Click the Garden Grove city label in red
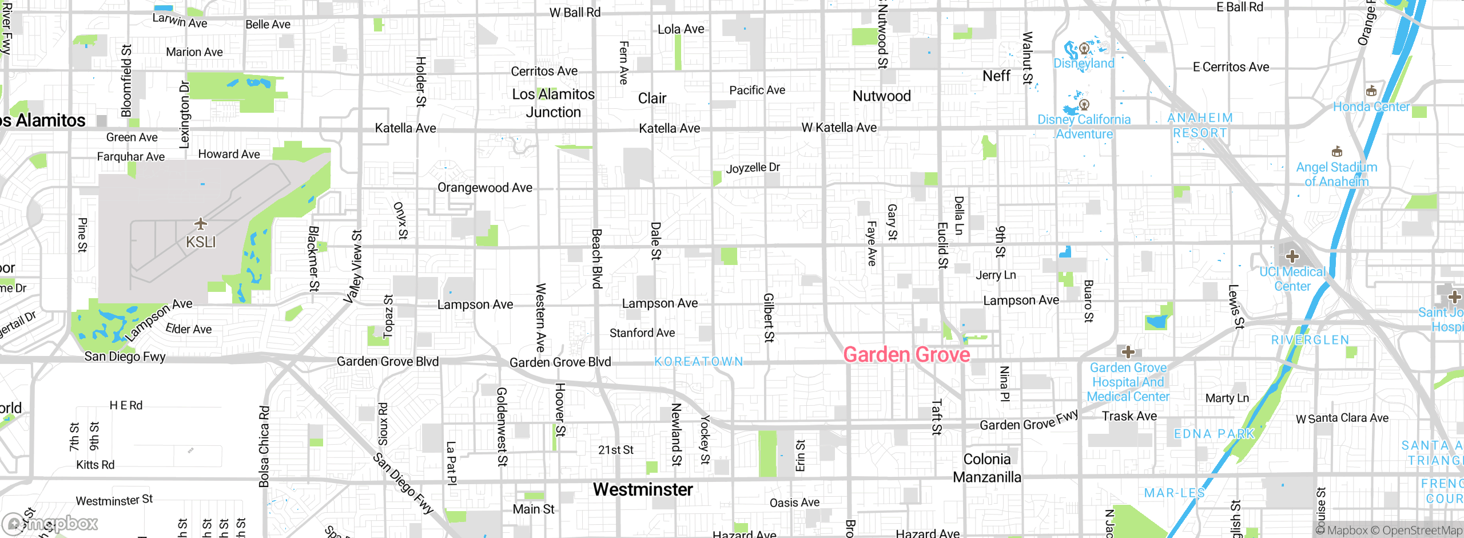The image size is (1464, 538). [x=906, y=355]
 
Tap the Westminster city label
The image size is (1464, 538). [x=643, y=489]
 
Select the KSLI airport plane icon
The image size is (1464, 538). [x=200, y=223]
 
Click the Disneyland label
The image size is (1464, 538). [x=1084, y=64]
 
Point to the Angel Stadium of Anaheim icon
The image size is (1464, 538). [x=1336, y=152]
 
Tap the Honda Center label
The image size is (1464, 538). [x=1371, y=106]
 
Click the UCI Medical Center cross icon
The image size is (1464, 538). [x=1292, y=256]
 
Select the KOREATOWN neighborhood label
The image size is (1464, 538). [x=699, y=362]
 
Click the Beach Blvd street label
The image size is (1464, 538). [x=596, y=259]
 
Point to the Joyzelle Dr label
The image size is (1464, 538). [x=753, y=168]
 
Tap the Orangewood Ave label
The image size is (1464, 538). [x=484, y=188]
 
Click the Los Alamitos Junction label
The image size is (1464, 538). [x=553, y=103]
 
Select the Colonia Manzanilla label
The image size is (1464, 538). [x=986, y=468]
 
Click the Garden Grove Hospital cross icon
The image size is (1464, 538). [x=1128, y=351]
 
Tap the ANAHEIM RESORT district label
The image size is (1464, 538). [x=1200, y=125]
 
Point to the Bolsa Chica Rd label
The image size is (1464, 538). [x=264, y=446]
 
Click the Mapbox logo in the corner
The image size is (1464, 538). [x=50, y=523]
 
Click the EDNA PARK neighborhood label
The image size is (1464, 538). [x=1214, y=434]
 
